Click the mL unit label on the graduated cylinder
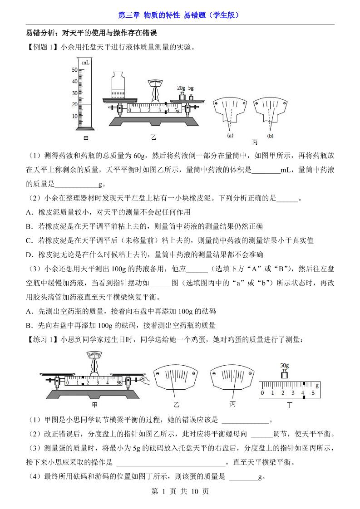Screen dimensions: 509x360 (85, 62)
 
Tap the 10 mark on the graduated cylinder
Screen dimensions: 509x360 (75, 116)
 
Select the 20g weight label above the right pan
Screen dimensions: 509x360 (181, 88)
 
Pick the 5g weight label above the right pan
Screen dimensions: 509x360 (191, 88)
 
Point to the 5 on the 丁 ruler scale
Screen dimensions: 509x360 (313, 393)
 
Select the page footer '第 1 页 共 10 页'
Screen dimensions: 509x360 (180, 491)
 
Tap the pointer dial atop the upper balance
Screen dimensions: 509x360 (155, 82)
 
